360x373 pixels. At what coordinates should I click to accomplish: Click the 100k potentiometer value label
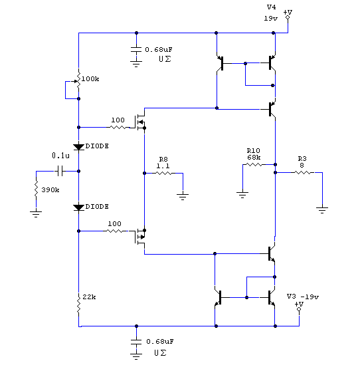pyautogui.click(x=90, y=78)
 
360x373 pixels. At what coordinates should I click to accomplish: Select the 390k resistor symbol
pyautogui.click(x=36, y=189)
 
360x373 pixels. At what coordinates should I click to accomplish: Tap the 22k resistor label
pyautogui.click(x=90, y=297)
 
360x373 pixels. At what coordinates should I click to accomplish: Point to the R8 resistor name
pyautogui.click(x=163, y=159)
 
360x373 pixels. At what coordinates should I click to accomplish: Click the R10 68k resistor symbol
pyautogui.click(x=254, y=164)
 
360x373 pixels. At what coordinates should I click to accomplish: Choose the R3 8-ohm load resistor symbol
pyautogui.click(x=302, y=172)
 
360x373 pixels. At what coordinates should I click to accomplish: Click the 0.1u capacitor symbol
pyautogui.click(x=60, y=171)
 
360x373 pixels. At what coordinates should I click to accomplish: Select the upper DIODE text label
pyautogui.click(x=97, y=146)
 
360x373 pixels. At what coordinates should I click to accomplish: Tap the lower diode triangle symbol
pyautogui.click(x=78, y=207)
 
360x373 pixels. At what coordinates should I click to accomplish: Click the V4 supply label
pyautogui.click(x=272, y=7)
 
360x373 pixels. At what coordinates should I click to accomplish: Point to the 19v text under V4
pyautogui.click(x=270, y=18)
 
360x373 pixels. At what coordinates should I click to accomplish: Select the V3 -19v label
pyautogui.click(x=303, y=297)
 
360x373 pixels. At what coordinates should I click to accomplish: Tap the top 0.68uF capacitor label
pyautogui.click(x=159, y=49)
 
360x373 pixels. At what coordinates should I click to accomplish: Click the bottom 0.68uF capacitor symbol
pyautogui.click(x=136, y=342)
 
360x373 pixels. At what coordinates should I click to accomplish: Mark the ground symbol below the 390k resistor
pyautogui.click(x=36, y=214)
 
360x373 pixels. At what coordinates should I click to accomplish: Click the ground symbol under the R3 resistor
pyautogui.click(x=322, y=210)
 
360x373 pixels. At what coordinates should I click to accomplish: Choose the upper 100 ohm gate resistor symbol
pyautogui.click(x=118, y=128)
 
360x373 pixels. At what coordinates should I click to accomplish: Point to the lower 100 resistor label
pyautogui.click(x=114, y=223)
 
